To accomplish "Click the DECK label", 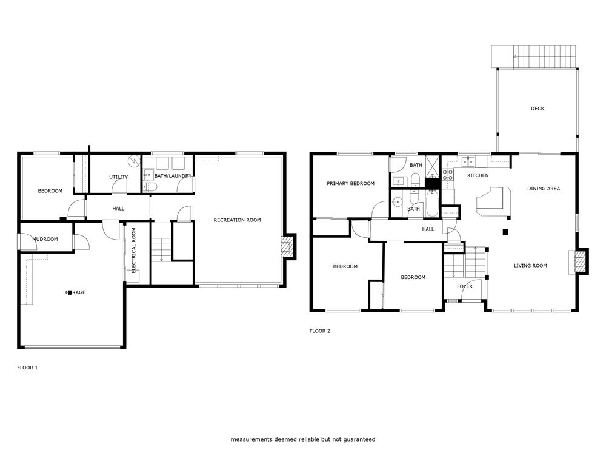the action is [x=537, y=109].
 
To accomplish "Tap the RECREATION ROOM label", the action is [x=238, y=220].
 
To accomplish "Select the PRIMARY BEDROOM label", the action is [x=350, y=183].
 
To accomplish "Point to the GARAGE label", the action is [x=76, y=292].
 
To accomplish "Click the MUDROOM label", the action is [x=45, y=239].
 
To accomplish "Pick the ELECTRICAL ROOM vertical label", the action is [x=134, y=251].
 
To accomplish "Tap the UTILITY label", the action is [x=118, y=177].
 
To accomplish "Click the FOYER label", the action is [x=465, y=286].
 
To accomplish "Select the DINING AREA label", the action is [x=544, y=189].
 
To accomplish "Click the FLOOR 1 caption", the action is [x=27, y=368].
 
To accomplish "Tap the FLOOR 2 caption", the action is [x=320, y=331].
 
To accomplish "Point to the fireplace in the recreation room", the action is [x=288, y=246].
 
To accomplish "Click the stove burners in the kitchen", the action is [x=448, y=175].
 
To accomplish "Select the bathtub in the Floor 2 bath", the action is [x=431, y=203].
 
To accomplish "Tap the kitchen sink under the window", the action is [x=468, y=162].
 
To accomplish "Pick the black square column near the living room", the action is [x=505, y=232].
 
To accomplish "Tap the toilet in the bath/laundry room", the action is [x=149, y=187].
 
